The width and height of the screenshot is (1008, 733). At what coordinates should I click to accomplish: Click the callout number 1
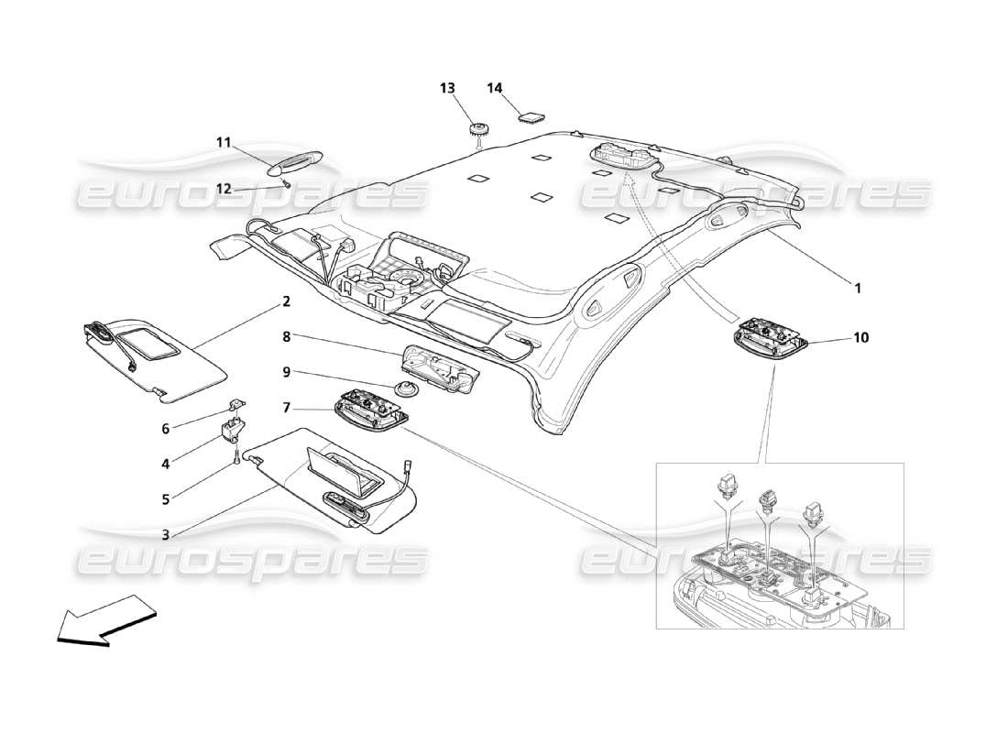click(x=858, y=288)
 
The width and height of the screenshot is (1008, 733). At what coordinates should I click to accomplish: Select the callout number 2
click(x=287, y=301)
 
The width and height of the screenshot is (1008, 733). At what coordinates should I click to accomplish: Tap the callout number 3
click(x=166, y=534)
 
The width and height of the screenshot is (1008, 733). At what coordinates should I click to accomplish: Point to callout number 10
click(x=860, y=337)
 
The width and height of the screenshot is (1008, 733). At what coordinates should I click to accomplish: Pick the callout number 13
click(x=447, y=88)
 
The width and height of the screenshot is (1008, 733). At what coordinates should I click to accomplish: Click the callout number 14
click(x=495, y=88)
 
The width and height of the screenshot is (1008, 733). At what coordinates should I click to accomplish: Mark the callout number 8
click(x=287, y=336)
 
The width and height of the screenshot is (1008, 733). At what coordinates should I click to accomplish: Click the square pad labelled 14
click(x=531, y=115)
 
